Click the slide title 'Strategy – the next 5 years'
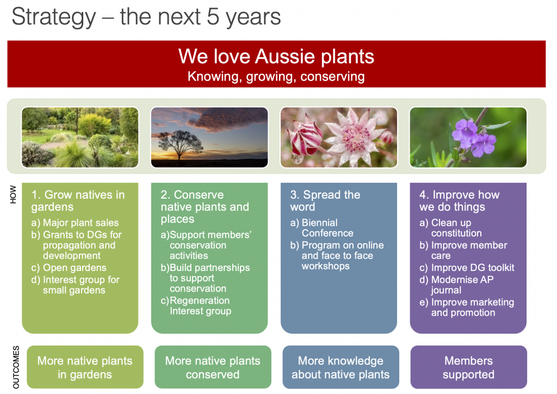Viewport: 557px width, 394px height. click(x=146, y=17)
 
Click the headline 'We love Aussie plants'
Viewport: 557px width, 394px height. click(x=276, y=56)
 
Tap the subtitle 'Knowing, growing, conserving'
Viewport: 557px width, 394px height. click(x=276, y=76)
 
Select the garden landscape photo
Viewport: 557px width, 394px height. click(x=80, y=137)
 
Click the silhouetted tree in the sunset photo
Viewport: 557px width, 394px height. click(x=180, y=144)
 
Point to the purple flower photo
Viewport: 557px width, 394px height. click(x=468, y=137)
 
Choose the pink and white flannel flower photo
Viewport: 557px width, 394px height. click(x=339, y=137)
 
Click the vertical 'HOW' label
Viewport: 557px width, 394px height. click(x=13, y=194)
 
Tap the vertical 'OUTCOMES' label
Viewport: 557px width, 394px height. click(x=16, y=367)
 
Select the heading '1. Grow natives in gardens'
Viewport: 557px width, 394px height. click(x=78, y=201)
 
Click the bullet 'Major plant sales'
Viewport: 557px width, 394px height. click(x=75, y=223)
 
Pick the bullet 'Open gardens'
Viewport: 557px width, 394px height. click(x=69, y=268)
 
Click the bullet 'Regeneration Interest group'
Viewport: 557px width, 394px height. click(x=196, y=305)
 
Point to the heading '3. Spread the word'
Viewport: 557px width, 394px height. click(x=325, y=201)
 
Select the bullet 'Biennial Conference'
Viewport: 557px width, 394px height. click(x=322, y=227)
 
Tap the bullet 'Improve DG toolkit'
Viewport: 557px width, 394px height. click(x=467, y=268)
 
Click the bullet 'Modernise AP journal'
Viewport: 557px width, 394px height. click(x=456, y=285)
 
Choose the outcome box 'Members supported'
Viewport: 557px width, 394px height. click(x=468, y=367)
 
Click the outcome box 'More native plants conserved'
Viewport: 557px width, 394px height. click(x=213, y=367)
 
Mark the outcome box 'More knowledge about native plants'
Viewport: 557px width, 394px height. click(x=341, y=367)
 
